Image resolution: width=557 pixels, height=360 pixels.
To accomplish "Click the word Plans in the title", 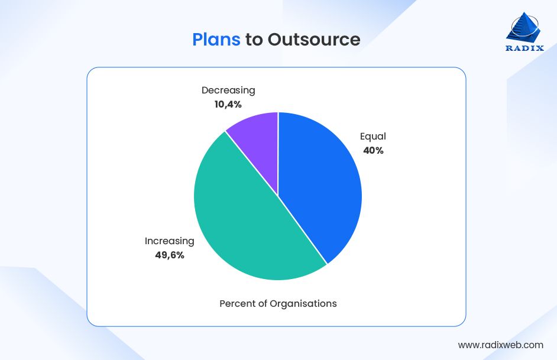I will tap(216, 39).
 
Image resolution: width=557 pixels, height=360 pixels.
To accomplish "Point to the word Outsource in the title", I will tap(314, 39).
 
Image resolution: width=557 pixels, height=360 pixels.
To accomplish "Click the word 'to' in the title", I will tap(254, 40).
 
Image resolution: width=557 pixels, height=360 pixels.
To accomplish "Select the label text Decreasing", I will tap(228, 90).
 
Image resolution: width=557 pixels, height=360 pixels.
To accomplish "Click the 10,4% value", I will tap(228, 105).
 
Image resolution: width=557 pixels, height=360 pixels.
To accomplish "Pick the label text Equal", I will tap(373, 137).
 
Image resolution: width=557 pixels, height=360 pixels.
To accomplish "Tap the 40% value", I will tap(373, 151).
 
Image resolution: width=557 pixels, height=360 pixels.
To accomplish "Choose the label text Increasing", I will tap(170, 241).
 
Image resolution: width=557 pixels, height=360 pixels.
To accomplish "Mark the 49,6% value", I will tap(170, 255).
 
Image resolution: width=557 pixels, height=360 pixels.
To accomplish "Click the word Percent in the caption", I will tap(238, 304).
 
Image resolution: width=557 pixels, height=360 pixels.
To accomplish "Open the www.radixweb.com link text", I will tap(501, 345).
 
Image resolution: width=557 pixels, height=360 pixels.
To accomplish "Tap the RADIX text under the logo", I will tap(524, 49).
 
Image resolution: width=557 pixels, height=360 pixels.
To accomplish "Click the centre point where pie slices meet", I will tap(278, 196).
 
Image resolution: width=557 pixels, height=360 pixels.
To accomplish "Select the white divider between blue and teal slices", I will tap(303, 231).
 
